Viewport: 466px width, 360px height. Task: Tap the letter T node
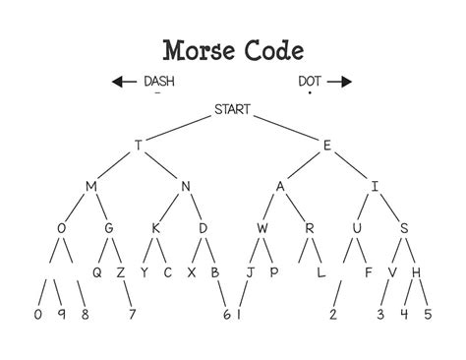[x=139, y=145]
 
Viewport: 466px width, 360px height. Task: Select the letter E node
[x=326, y=145]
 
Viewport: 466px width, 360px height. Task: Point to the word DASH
[x=158, y=82]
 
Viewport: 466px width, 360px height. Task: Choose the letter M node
[x=91, y=186]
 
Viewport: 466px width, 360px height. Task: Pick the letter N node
[x=185, y=186]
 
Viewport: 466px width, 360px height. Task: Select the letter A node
[x=280, y=186]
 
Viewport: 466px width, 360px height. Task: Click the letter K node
[x=155, y=229]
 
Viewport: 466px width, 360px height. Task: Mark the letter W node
[x=262, y=229]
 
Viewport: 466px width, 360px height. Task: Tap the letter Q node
[x=97, y=272]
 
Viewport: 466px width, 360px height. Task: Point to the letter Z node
[x=121, y=272]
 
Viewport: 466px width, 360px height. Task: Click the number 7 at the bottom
[x=132, y=315]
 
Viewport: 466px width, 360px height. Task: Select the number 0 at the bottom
[x=37, y=315]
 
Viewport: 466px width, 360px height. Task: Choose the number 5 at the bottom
[x=427, y=315]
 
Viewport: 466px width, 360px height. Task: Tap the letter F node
[x=368, y=272]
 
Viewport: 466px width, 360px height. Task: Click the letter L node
[x=320, y=272]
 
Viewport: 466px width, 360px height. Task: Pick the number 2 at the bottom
[x=333, y=315]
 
